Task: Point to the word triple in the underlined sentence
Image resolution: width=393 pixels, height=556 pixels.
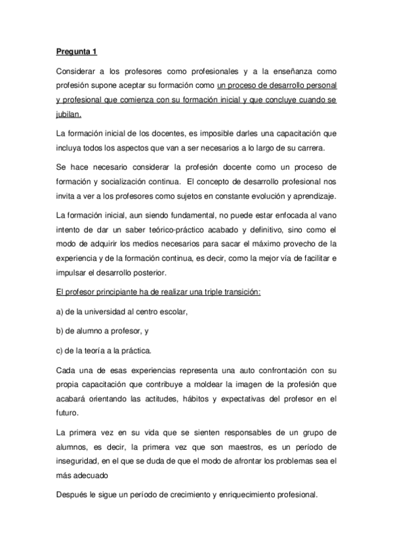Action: pyautogui.click(x=210, y=291)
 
